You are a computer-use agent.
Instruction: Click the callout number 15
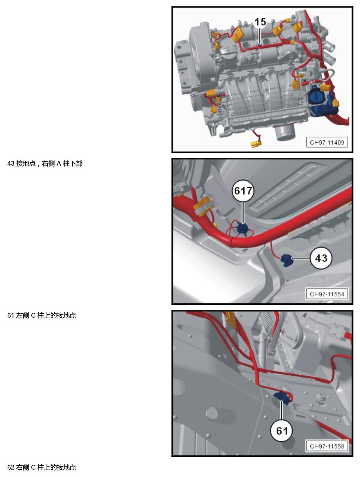[x=260, y=22]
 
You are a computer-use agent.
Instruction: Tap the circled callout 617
[x=243, y=191]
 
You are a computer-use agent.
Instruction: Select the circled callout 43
[x=321, y=258]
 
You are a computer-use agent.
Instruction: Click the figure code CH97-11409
[x=327, y=142]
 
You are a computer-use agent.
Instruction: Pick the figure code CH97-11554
[x=327, y=294]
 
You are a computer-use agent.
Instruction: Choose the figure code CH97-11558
[x=327, y=446]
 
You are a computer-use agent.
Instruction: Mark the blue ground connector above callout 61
[x=282, y=397]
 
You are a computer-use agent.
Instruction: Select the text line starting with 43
[x=45, y=163]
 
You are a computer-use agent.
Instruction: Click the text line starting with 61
[x=42, y=315]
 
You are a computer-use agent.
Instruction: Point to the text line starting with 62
[x=42, y=467]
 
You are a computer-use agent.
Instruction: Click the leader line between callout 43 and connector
[x=301, y=259]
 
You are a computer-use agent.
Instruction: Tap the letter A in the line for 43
[x=59, y=163]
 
